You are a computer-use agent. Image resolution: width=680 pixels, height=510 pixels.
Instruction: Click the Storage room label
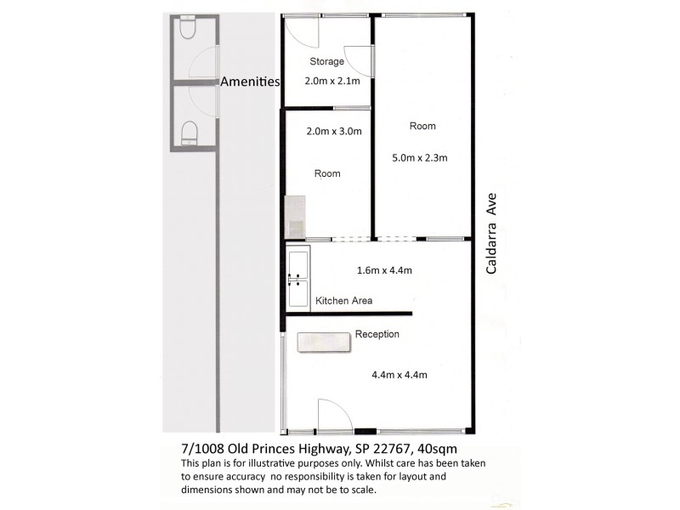click(326, 61)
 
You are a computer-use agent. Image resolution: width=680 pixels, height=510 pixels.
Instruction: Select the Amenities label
click(250, 82)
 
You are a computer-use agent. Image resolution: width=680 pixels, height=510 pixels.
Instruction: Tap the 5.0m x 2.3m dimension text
click(419, 157)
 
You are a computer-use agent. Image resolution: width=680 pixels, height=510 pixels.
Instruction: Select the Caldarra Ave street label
click(490, 233)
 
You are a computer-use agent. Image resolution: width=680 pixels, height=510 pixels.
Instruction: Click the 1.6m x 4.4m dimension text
click(382, 271)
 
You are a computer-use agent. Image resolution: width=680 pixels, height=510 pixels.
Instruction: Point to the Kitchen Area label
click(343, 301)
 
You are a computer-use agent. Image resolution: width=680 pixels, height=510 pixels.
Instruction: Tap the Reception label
click(377, 334)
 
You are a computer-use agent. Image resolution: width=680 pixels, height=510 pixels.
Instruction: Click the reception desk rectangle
click(322, 341)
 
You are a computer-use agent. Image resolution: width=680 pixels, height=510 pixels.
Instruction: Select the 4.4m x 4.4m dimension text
click(399, 375)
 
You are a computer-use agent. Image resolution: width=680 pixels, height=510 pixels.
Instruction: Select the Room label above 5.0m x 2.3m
click(422, 126)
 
